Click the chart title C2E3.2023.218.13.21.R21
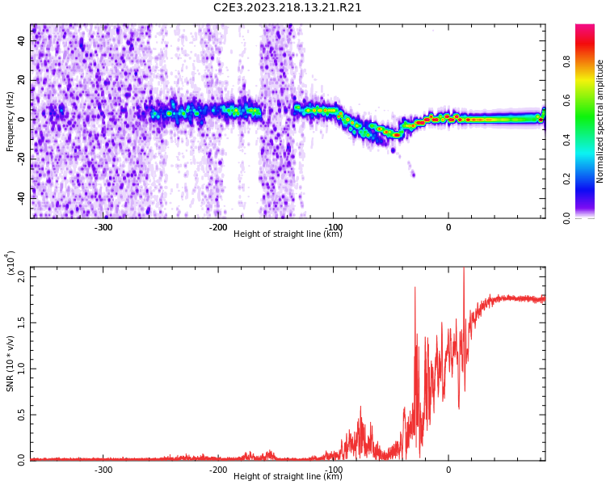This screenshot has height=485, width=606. [287, 7]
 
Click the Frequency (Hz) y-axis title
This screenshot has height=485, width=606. [10, 121]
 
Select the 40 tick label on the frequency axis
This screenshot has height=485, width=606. [21, 40]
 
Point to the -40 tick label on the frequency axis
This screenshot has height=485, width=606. [21, 198]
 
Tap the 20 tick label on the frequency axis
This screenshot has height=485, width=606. [21, 80]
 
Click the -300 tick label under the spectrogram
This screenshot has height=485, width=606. [103, 227]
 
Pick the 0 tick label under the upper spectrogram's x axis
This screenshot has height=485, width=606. [448, 227]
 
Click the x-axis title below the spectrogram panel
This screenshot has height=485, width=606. [288, 234]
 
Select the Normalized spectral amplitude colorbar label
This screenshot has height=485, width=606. [600, 121]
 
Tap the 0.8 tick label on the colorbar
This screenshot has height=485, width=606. [566, 62]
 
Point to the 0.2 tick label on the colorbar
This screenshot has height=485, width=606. [566, 179]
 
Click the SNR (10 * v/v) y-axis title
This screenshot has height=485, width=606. [10, 363]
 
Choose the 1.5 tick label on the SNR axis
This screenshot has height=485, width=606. [21, 323]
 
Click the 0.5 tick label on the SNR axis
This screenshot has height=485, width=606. [21, 415]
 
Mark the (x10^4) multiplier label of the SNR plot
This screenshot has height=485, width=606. [10, 263]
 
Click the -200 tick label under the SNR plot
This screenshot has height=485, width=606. [218, 470]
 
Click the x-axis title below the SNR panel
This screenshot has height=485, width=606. [288, 476]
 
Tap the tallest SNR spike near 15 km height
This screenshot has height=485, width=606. [464, 268]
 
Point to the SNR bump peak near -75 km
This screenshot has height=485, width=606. [360, 407]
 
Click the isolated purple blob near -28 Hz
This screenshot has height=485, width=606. [413, 175]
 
